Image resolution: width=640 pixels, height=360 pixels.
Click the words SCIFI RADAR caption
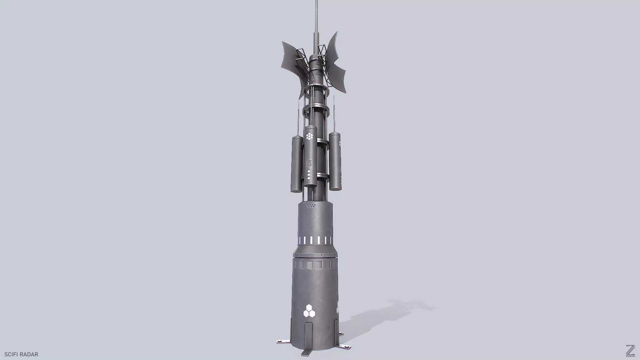click(x=21, y=354)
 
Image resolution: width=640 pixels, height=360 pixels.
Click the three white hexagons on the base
click(x=309, y=311)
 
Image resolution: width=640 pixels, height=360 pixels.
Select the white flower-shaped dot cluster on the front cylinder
click(x=310, y=136)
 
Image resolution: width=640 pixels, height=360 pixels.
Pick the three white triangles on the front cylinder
click(x=309, y=175)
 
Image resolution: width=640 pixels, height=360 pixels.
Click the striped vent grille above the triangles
click(x=309, y=163)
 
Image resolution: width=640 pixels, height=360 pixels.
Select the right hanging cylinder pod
click(x=335, y=162)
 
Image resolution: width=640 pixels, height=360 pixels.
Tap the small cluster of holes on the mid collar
click(x=311, y=206)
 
